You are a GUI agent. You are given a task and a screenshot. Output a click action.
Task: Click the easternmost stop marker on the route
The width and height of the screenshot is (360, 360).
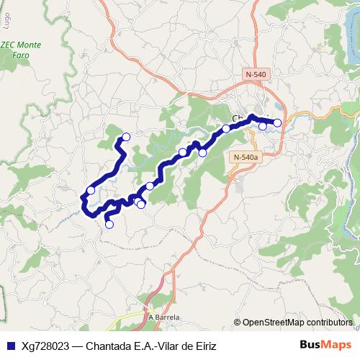(x=277, y=123)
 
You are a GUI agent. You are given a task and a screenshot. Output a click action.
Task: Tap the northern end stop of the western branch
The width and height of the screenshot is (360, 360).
(x=126, y=137)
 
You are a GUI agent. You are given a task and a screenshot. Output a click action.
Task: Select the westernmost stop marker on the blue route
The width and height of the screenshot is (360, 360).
(x=91, y=190)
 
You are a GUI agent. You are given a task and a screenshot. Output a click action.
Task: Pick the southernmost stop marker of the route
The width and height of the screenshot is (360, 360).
(x=109, y=224)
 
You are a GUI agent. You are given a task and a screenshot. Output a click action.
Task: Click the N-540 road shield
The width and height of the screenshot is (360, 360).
(x=255, y=74)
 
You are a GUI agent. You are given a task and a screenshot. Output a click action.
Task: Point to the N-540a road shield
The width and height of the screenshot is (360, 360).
(x=245, y=156)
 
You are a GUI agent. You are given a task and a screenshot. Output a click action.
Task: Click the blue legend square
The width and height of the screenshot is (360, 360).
(x=9, y=346)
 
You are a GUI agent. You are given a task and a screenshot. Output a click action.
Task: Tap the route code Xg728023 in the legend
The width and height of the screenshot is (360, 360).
(x=45, y=346)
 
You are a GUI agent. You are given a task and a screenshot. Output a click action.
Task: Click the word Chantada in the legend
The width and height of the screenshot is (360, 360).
(x=110, y=346)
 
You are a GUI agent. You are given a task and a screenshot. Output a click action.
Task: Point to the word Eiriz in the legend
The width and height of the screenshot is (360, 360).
(x=202, y=346)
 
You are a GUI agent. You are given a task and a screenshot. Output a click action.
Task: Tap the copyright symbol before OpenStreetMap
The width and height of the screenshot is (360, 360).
(x=237, y=323)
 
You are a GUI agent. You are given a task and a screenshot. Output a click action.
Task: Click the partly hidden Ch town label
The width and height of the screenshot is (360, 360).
(x=237, y=119)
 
